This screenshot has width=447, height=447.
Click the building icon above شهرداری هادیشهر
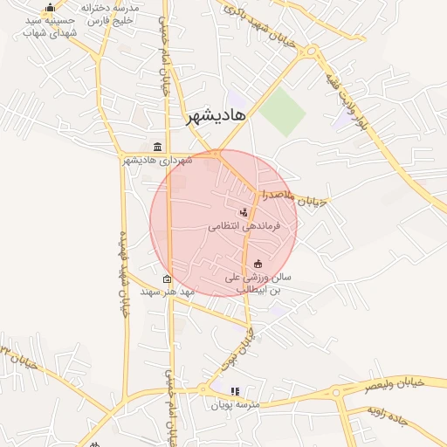(157, 147)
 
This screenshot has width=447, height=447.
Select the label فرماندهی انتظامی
(243, 225)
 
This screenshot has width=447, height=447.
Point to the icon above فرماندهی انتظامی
(243, 212)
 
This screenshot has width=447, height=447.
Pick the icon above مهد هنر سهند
(167, 279)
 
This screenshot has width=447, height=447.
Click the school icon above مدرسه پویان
(234, 392)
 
